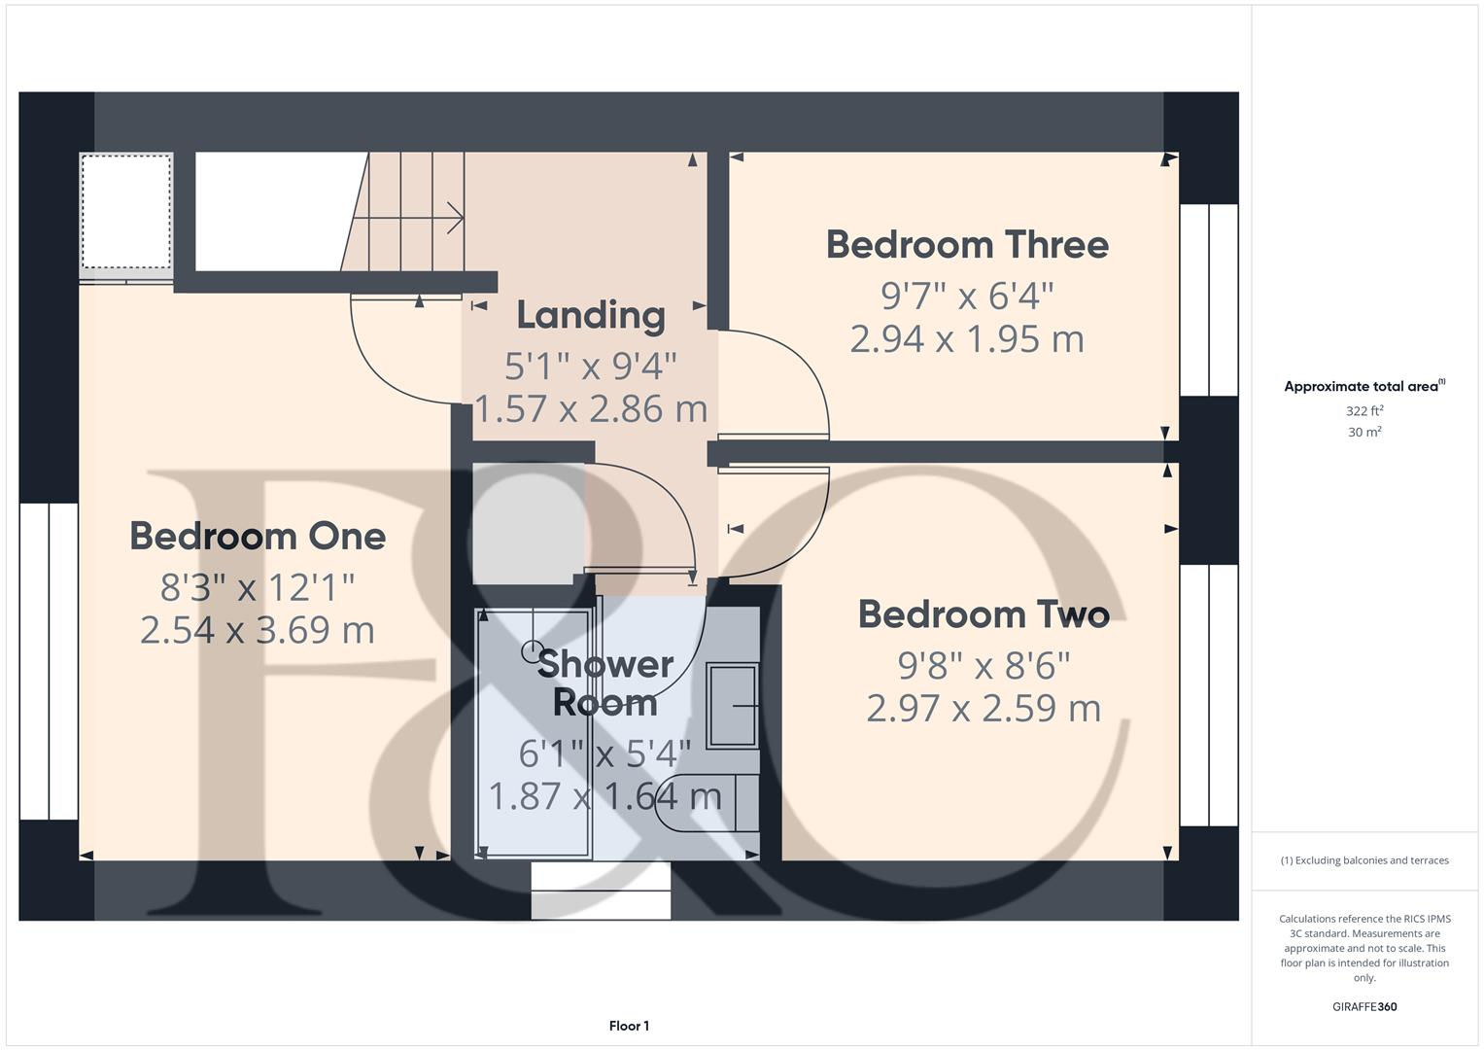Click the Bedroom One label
point(258,536)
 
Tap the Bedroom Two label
point(984,614)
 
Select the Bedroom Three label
point(967,245)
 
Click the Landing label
point(591,315)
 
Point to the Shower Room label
point(604,682)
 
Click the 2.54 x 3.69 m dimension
point(258,630)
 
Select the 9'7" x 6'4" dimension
point(967,295)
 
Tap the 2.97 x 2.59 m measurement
point(984,708)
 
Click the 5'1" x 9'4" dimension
point(591,367)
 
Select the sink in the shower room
point(732,706)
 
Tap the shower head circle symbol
point(533,650)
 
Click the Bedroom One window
point(49,661)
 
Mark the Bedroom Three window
point(1208,299)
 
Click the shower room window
point(601,891)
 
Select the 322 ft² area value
point(1364,411)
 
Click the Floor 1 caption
point(629,1026)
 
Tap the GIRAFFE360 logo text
point(1364,1006)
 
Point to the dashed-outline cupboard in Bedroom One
point(126,211)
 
